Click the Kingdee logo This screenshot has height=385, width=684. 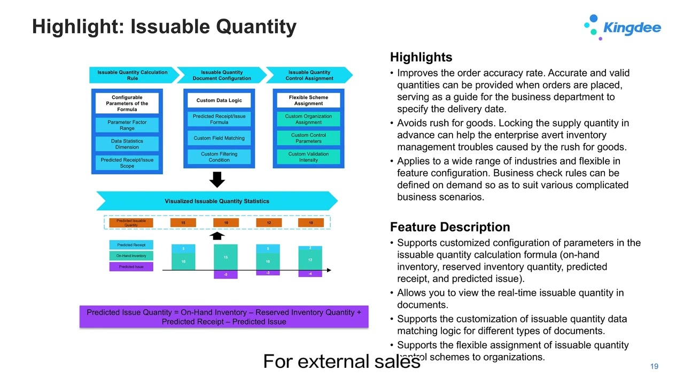click(623, 27)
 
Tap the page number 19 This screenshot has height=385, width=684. click(654, 366)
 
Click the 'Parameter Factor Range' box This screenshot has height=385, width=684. click(127, 125)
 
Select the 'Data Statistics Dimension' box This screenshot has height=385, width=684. click(127, 144)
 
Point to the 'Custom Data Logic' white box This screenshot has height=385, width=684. click(219, 101)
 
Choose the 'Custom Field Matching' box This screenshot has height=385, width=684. click(219, 138)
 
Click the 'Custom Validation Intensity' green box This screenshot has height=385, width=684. click(308, 157)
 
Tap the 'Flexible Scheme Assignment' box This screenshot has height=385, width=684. click(308, 101)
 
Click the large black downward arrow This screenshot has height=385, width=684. click(217, 180)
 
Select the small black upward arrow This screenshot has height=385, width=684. click(217, 236)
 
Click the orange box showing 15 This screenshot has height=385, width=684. click(183, 222)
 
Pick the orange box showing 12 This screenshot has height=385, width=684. click(269, 222)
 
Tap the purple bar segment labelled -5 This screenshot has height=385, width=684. click(226, 275)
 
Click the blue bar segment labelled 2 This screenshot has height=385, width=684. click(310, 248)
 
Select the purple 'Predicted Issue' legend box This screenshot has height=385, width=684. click(131, 266)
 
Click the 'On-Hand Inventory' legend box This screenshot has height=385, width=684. click(131, 256)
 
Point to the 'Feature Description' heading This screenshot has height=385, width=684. click(450, 227)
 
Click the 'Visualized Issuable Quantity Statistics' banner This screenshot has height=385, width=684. click(217, 201)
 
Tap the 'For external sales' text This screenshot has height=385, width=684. click(342, 362)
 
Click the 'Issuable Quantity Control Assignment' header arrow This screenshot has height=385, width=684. click(309, 75)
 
